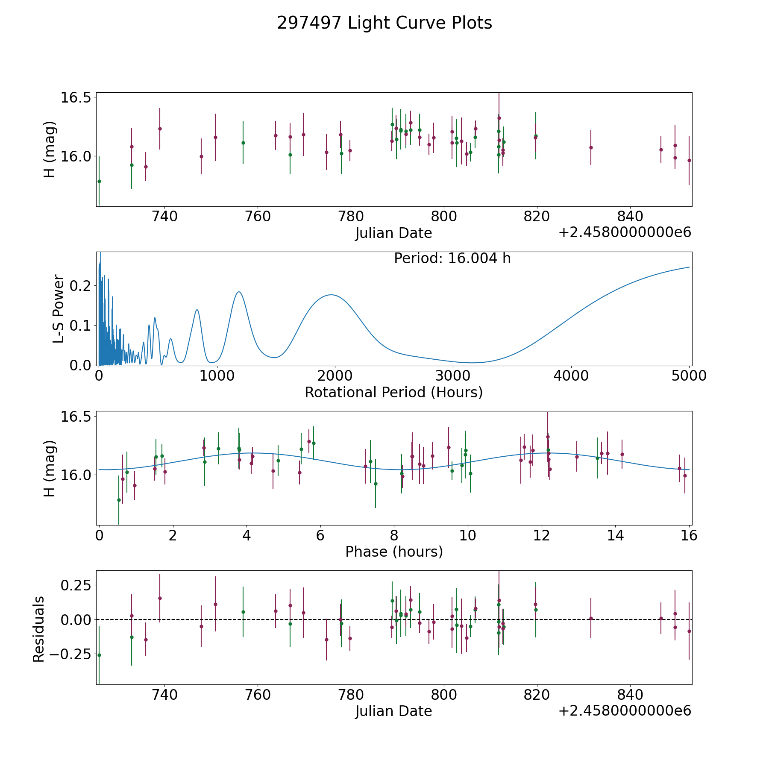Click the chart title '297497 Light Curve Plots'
(x=384, y=23)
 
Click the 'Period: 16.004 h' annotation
(x=452, y=258)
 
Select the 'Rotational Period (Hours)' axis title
(x=393, y=392)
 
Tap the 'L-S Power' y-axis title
(x=59, y=308)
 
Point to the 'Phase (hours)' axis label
(x=393, y=552)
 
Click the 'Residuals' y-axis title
(x=39, y=629)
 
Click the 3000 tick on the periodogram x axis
(x=453, y=376)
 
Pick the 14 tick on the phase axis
(x=615, y=536)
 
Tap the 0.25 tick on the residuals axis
(x=75, y=584)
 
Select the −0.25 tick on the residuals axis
(x=70, y=654)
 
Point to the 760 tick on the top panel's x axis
(x=258, y=217)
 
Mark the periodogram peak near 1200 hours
(x=239, y=292)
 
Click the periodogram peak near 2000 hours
(x=331, y=295)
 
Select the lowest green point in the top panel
(x=99, y=181)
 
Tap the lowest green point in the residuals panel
(x=99, y=655)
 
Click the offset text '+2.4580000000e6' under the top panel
(x=625, y=232)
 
